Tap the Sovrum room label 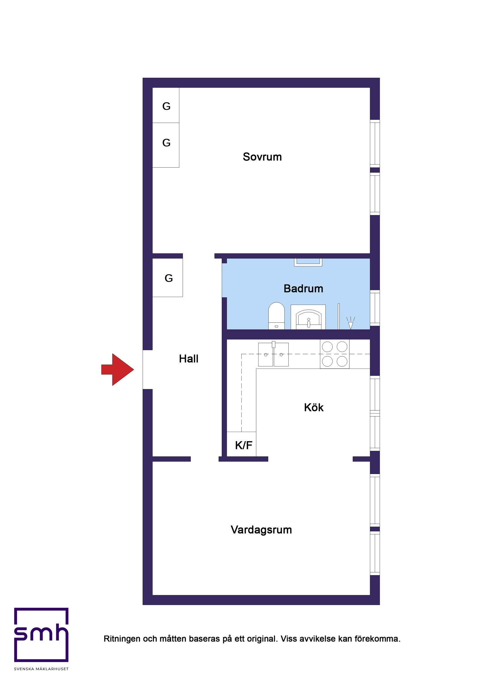(x=262, y=157)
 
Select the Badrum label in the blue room (x=303, y=288)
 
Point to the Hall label (x=188, y=359)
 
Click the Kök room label (x=313, y=407)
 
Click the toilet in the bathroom (x=276, y=316)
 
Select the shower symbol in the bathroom (x=351, y=323)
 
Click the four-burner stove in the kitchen (x=334, y=354)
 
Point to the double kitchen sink (x=273, y=354)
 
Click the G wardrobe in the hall (x=168, y=278)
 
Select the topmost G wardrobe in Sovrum (x=166, y=105)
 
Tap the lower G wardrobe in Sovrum (x=166, y=145)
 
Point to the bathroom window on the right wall (x=375, y=308)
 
